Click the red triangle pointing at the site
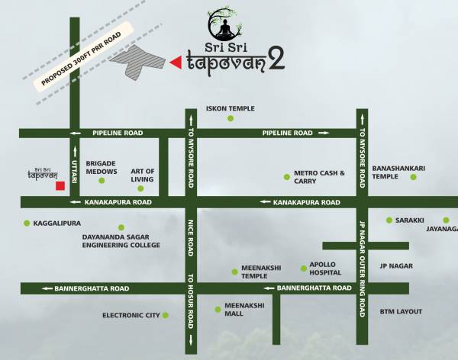tap(176, 63)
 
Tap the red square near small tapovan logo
tap(58, 185)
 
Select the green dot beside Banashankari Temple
tap(413, 177)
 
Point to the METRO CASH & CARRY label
tap(320, 177)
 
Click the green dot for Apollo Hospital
tap(303, 267)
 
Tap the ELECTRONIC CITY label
tap(131, 314)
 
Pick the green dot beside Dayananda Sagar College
tap(121, 227)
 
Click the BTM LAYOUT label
tap(401, 311)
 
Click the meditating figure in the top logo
tap(224, 28)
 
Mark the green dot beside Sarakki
tap(389, 220)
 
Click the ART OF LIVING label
tap(143, 175)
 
